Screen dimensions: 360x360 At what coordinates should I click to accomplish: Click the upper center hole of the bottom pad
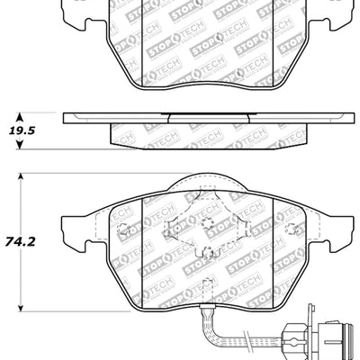pos(206,225)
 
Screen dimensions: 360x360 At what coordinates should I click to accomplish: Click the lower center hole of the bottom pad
pos(206,255)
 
